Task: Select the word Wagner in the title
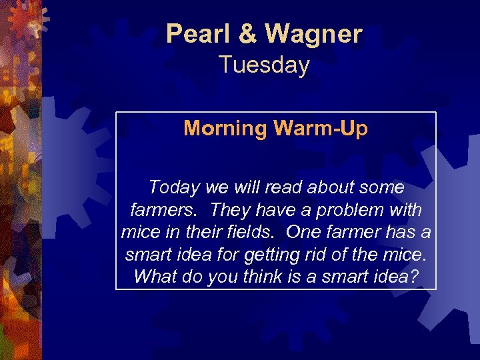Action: click(313, 33)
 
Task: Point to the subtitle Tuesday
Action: click(264, 65)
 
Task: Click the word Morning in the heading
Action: click(225, 128)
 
